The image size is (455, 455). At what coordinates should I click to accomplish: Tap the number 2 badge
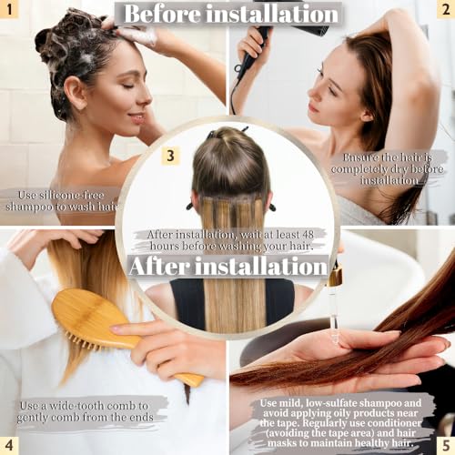[x=443, y=11]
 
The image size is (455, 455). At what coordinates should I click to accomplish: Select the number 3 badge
[x=170, y=155]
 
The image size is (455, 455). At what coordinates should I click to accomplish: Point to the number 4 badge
[x=11, y=443]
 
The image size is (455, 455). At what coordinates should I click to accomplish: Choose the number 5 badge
[x=443, y=443]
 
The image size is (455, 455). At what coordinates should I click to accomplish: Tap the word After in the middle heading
[x=168, y=267]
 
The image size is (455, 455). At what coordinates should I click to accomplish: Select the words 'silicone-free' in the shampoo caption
[x=76, y=194]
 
